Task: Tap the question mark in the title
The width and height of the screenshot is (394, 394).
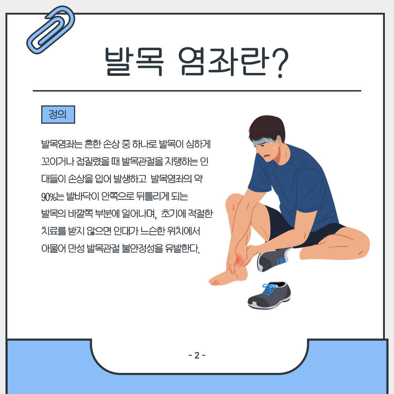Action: (x=279, y=63)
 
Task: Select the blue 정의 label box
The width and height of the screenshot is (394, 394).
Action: (x=58, y=115)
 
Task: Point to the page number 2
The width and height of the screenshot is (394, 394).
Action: (x=197, y=355)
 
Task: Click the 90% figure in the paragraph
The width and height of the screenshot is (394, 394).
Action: (x=49, y=197)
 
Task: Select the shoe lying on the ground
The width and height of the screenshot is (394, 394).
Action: (x=269, y=295)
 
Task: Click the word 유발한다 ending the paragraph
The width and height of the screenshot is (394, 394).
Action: (x=182, y=248)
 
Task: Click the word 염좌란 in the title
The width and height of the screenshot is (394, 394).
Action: (x=224, y=62)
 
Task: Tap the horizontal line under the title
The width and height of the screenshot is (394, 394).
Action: (x=197, y=91)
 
